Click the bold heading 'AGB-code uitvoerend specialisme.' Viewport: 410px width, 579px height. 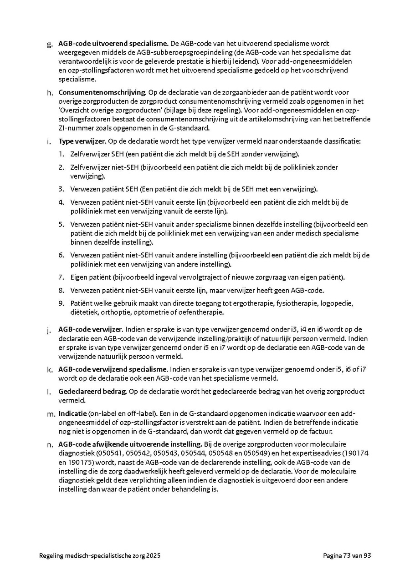pyautogui.click(x=113, y=44)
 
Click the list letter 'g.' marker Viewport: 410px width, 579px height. pyautogui.click(x=50, y=45)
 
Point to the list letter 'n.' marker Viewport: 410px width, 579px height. pyautogui.click(x=50, y=444)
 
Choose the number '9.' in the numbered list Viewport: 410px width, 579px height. pyautogui.click(x=61, y=303)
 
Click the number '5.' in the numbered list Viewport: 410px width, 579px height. pyautogui.click(x=61, y=225)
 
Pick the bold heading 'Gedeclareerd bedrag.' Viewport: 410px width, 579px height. pyautogui.click(x=93, y=392)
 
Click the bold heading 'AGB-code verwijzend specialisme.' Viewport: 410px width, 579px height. pyautogui.click(x=113, y=369)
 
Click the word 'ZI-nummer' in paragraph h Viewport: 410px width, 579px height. pyautogui.click(x=75, y=128)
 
